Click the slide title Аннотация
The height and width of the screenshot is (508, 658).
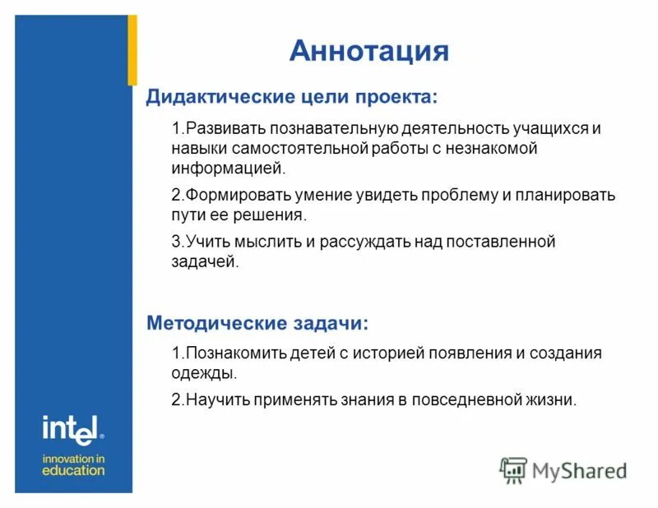click(x=368, y=51)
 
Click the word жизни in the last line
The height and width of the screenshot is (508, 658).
click(x=554, y=400)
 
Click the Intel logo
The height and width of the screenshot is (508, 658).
click(x=72, y=427)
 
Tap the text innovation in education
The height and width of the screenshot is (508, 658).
click(x=73, y=464)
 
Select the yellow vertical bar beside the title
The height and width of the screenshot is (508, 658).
click(x=132, y=49)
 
